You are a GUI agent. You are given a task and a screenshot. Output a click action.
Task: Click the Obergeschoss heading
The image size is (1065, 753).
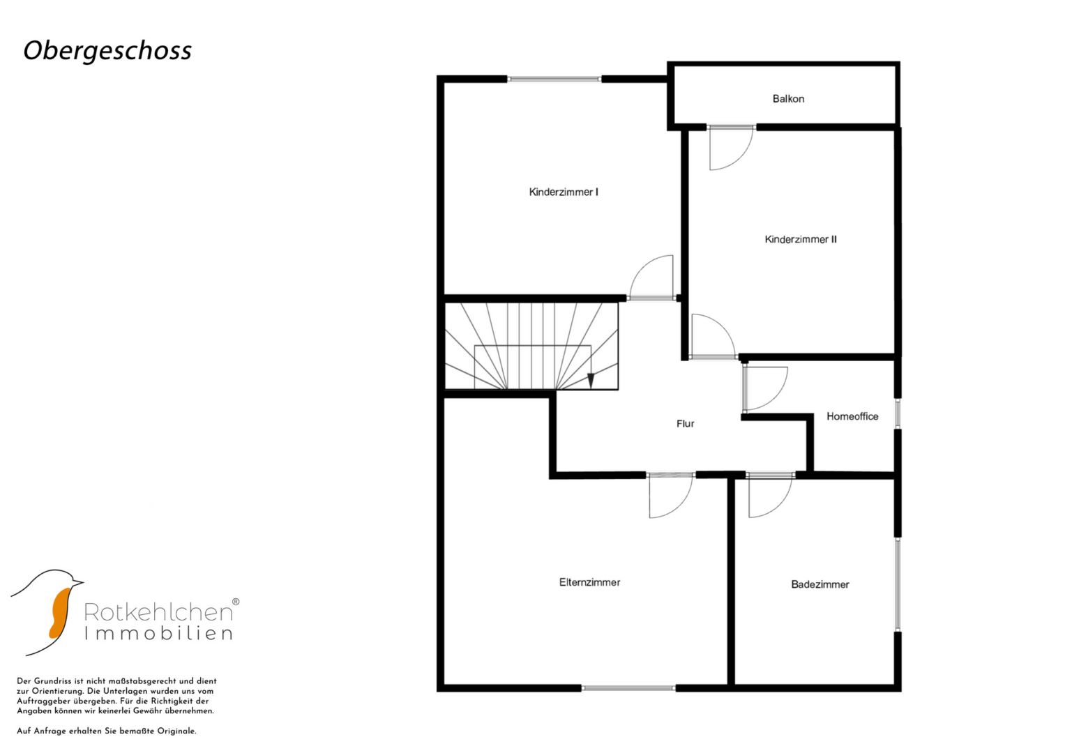[x=107, y=51]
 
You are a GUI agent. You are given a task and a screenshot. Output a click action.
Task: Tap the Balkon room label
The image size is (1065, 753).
[x=788, y=99]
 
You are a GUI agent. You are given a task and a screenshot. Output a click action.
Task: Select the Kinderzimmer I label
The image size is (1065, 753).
[x=564, y=192]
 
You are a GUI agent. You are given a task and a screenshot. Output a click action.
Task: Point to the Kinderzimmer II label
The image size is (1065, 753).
[x=801, y=239]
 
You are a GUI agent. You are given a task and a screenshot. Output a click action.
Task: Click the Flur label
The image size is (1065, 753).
[x=685, y=424]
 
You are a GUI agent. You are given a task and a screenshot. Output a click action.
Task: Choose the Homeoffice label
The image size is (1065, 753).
[x=852, y=416]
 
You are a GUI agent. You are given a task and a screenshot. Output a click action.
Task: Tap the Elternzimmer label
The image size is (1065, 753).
[x=589, y=582]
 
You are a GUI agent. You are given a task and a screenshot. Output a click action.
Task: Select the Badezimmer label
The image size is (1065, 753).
[x=820, y=584]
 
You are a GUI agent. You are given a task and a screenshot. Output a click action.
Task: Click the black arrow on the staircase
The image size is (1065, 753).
[x=591, y=380]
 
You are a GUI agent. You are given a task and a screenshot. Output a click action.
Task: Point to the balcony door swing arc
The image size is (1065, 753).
[x=742, y=158]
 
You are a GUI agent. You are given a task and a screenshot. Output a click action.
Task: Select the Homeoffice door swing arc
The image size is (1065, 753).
[x=778, y=397]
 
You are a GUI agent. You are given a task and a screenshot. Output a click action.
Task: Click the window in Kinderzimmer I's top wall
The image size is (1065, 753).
[x=554, y=79]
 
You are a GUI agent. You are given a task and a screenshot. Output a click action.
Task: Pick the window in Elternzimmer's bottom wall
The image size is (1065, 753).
[x=628, y=688]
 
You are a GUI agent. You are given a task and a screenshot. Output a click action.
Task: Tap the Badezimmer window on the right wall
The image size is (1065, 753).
[x=898, y=584]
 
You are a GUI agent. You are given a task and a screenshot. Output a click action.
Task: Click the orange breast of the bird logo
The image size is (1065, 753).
[x=59, y=614]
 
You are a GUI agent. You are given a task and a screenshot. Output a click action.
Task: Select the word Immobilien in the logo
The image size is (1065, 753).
[x=158, y=634]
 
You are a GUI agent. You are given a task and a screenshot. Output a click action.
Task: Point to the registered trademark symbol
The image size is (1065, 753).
[x=235, y=602]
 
